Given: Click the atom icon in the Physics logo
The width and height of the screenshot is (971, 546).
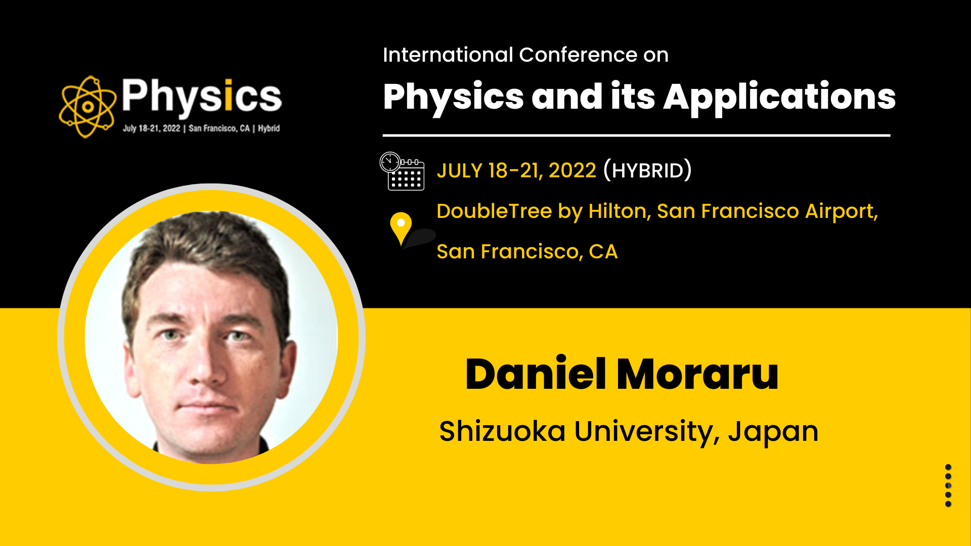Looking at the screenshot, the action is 87,107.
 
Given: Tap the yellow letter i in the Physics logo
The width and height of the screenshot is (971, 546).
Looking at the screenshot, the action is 228,95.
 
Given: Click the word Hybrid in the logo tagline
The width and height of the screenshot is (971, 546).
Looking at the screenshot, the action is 269,128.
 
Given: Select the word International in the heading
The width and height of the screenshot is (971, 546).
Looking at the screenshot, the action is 448,55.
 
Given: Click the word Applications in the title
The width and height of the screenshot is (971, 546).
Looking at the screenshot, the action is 779,97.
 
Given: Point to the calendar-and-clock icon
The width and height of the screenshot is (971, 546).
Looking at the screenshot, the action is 402,171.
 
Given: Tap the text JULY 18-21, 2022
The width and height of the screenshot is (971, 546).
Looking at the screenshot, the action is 516,170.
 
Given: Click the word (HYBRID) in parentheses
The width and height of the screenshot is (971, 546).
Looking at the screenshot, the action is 647,170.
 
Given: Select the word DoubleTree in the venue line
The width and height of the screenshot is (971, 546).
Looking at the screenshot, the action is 494,211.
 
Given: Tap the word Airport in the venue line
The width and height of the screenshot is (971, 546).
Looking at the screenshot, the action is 841,211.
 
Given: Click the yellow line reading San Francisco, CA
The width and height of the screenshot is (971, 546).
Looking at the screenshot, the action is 527,251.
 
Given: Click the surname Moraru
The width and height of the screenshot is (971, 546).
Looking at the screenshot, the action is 698,374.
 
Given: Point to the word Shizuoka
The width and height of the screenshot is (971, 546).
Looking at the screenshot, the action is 502,431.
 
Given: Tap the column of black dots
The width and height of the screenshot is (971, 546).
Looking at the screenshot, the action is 948,485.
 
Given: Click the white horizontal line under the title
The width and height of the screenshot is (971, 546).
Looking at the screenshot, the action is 636,135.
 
